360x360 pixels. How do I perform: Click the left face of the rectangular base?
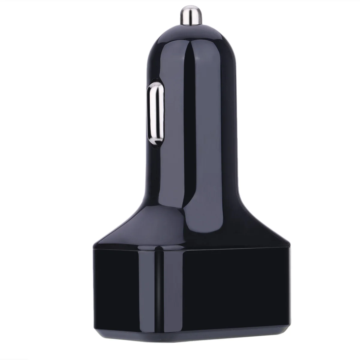click(x=126, y=288)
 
